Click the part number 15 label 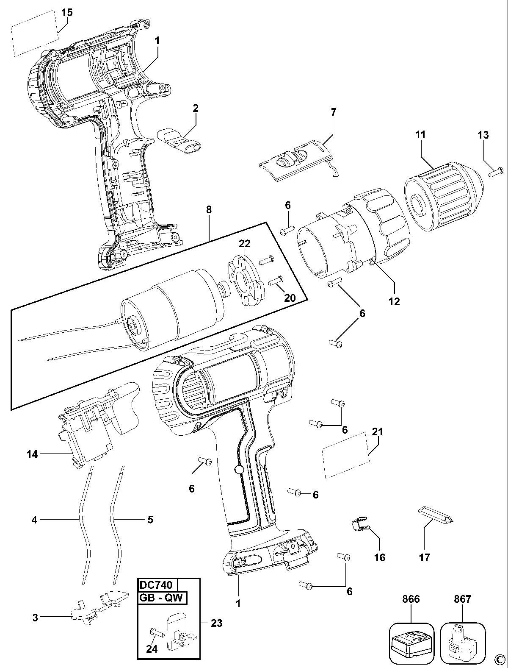point(67,13)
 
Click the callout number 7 point(333,112)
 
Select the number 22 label point(245,243)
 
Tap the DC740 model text point(155,585)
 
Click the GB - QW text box point(162,598)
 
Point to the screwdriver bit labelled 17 point(436,515)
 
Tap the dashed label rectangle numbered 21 point(345,455)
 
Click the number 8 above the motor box point(209,209)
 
